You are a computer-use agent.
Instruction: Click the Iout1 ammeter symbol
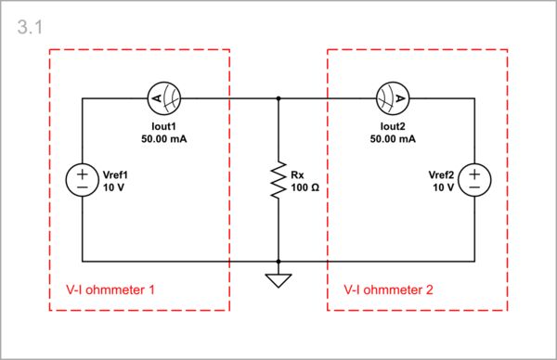[164, 96]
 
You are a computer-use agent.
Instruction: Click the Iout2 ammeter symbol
[392, 96]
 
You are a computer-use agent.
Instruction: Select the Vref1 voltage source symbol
[83, 180]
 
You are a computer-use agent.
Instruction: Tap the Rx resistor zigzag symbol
[278, 180]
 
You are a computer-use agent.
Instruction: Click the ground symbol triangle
[278, 277]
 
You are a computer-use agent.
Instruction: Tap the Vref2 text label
[441, 174]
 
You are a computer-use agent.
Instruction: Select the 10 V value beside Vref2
[444, 187]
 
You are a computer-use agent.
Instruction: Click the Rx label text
[297, 174]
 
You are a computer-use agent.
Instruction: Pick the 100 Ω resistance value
[304, 187]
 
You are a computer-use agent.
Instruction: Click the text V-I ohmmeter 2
[389, 289]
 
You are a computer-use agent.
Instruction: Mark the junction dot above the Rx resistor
[278, 96]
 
